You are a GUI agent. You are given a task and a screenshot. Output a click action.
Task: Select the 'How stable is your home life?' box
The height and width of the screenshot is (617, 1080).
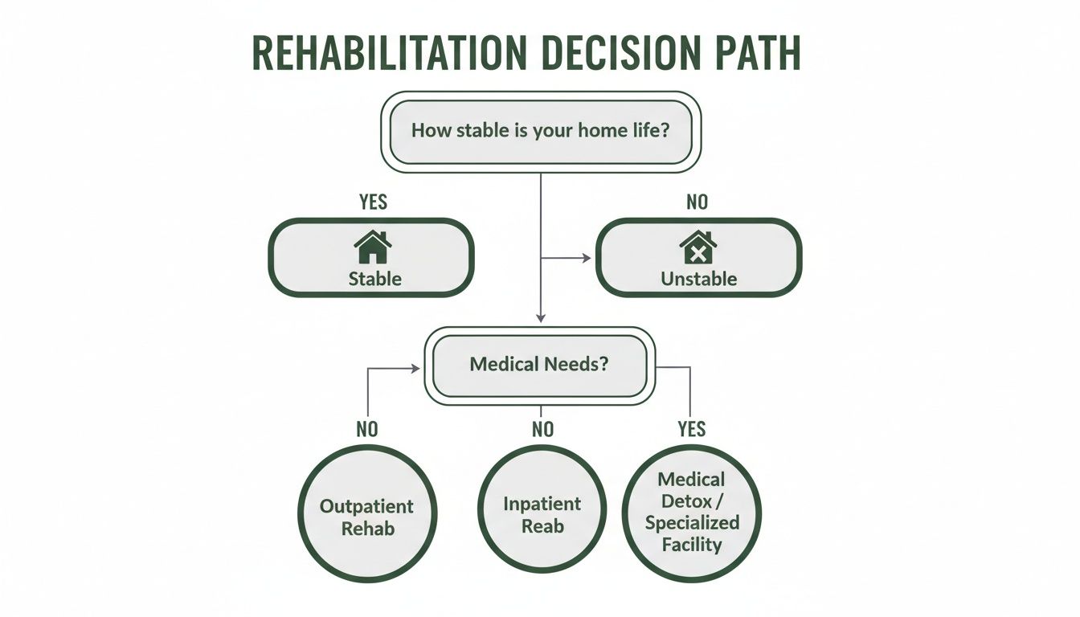[540, 131]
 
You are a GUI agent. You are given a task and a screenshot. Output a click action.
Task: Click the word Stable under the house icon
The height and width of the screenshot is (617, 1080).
[374, 280]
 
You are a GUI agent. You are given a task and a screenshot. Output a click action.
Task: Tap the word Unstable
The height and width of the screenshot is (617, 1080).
[698, 280]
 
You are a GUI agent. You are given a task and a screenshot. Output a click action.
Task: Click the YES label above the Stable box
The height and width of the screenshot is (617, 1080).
[373, 202]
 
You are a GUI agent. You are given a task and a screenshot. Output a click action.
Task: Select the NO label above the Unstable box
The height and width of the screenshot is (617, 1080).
[697, 202]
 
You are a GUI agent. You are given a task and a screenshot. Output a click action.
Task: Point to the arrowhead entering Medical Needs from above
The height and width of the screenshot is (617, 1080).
[540, 319]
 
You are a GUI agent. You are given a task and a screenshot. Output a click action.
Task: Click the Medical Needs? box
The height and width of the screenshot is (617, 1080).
[540, 364]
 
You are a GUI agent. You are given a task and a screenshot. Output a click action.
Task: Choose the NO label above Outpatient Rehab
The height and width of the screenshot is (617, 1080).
[366, 430]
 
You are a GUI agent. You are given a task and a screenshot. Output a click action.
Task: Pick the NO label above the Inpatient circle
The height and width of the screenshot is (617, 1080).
[543, 430]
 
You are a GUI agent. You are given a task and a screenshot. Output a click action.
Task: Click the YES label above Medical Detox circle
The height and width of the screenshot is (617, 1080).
[691, 430]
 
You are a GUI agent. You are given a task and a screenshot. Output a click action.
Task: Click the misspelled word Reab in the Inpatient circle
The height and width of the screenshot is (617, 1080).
[542, 527]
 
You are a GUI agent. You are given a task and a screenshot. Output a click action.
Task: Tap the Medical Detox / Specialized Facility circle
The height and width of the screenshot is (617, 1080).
[691, 512]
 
